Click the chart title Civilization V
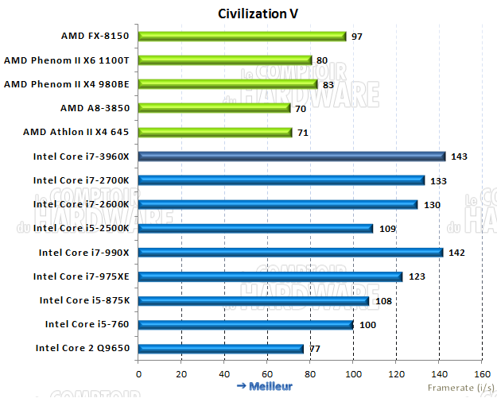point(258,14)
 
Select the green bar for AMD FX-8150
point(243,36)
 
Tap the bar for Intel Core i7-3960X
point(292,156)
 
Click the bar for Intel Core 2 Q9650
point(221,348)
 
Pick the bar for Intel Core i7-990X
point(290,253)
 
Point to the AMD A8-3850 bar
point(214,107)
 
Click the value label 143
point(459,156)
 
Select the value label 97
point(357,37)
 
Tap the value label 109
point(386,229)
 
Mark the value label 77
point(314,349)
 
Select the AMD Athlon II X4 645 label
point(77,131)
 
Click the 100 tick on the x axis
point(353,373)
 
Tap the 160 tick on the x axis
point(481,373)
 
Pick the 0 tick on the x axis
point(139,373)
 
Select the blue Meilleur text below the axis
point(265,386)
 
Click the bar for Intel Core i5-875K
point(254,300)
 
